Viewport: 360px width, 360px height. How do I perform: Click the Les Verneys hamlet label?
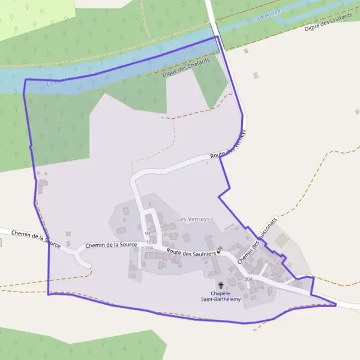pyautogui.click(x=193, y=219)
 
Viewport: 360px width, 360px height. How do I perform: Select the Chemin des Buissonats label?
pyautogui.click(x=258, y=241)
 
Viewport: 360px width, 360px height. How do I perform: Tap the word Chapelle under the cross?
pyautogui.click(x=221, y=293)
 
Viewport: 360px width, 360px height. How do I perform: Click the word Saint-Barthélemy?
pyautogui.click(x=221, y=299)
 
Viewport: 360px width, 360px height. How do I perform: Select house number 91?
pyautogui.click(x=148, y=233)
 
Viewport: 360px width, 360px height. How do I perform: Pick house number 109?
pyautogui.click(x=150, y=242)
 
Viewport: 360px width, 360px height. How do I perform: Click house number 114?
pyautogui.click(x=149, y=248)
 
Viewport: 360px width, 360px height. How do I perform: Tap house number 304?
pyautogui.click(x=248, y=279)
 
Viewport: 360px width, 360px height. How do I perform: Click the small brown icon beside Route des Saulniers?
pyautogui.click(x=220, y=250)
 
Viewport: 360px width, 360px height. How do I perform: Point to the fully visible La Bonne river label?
pyautogui.click(x=269, y=16)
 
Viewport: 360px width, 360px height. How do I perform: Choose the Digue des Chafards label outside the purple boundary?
pyautogui.click(x=326, y=22)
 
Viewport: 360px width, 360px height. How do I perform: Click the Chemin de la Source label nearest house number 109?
pyautogui.click(x=112, y=245)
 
